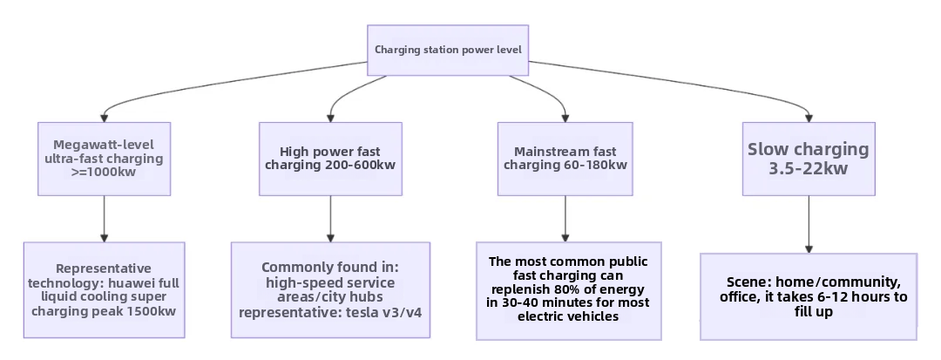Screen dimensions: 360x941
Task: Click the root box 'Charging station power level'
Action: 448,50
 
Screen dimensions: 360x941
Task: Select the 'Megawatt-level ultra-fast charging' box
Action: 104,158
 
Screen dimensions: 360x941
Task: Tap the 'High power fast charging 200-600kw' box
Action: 330,158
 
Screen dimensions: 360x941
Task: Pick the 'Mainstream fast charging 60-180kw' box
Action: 565,158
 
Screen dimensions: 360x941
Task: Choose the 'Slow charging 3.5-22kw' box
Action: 808,158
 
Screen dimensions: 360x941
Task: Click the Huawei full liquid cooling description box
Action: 104,289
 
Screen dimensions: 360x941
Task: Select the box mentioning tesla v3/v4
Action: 330,289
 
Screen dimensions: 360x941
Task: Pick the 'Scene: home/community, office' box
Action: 809,296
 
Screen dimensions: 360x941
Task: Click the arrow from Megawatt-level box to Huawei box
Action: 104,218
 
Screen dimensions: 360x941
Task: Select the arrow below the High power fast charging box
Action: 330,218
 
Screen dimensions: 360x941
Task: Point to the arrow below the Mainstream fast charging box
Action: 565,218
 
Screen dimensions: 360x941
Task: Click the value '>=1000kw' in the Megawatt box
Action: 104,173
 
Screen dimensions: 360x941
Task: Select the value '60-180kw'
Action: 595,166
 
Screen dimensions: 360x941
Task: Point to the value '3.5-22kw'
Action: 808,169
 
